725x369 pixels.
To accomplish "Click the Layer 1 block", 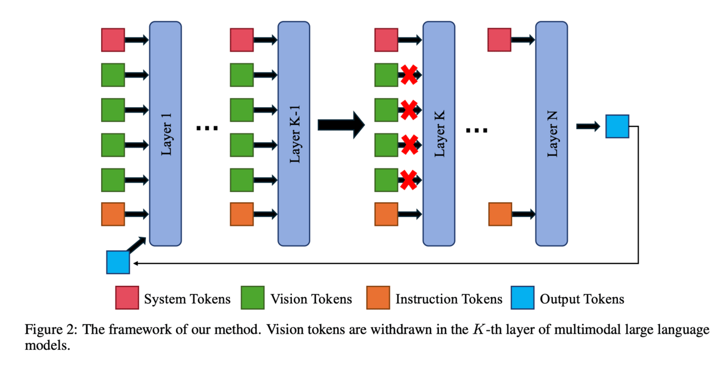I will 165,133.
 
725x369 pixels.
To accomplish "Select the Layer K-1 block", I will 294,133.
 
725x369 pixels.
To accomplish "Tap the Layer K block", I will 439,133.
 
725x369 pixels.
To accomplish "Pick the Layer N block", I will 551,133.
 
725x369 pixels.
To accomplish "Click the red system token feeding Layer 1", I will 113,40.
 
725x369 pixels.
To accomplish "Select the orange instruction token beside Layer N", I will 500,214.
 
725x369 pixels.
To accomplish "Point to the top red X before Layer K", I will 409,75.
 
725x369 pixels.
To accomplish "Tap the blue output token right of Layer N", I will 617,126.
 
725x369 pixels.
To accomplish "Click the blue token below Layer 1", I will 118,262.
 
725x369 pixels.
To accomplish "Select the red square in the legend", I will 127,298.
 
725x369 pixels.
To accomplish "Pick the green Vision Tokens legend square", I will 253,298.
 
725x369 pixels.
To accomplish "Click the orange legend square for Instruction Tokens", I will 378,298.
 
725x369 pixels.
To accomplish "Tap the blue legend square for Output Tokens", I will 522,298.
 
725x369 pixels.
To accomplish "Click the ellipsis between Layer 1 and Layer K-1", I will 207,129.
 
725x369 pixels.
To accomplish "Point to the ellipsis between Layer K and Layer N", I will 477,130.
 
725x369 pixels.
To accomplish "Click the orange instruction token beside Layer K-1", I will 241,214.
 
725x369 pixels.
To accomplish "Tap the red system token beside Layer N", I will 499,40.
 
